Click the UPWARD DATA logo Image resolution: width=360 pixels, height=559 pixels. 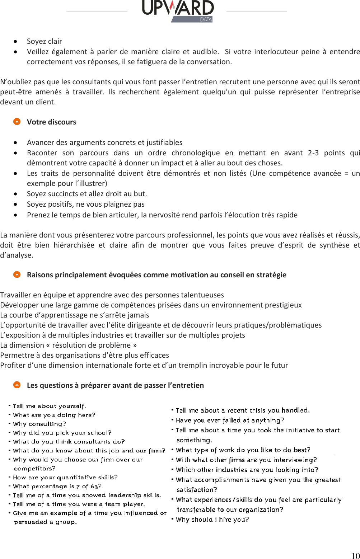[x=178, y=11]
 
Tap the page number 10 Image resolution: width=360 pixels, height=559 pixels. [x=355, y=555]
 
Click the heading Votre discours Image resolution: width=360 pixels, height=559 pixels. [x=51, y=122]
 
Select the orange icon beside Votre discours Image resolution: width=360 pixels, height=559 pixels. [x=17, y=122]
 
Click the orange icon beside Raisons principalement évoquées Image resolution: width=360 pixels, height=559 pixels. [x=17, y=274]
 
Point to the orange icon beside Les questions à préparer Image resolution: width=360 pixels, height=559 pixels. [x=17, y=385]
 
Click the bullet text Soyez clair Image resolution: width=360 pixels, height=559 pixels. [x=44, y=41]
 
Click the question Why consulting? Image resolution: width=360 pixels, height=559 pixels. [x=39, y=424]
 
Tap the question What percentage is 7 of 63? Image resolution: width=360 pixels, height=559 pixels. [x=57, y=486]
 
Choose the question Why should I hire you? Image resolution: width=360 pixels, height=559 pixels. [x=212, y=519]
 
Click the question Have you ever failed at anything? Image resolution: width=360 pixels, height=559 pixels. [x=230, y=420]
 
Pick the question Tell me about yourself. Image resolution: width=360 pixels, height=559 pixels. [x=49, y=406]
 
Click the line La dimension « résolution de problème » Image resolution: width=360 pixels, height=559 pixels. [x=68, y=345]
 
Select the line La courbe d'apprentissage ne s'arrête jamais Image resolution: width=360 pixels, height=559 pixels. [x=74, y=315]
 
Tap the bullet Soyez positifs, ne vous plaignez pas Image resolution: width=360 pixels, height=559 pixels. [x=85, y=204]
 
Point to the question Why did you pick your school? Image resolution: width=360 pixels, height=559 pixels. [x=62, y=433]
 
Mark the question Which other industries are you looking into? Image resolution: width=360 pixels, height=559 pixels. [x=247, y=470]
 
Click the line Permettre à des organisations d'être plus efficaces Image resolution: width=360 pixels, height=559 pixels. [x=84, y=355]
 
